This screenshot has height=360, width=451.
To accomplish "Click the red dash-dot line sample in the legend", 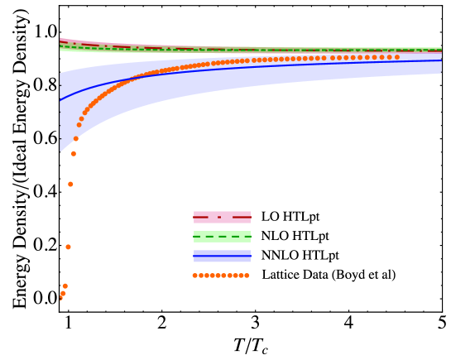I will (222, 217).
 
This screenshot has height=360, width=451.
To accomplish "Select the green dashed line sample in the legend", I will (222, 237).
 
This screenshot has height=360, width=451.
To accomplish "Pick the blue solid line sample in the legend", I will (222, 256).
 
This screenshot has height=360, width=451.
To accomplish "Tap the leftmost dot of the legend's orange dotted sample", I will (195, 276).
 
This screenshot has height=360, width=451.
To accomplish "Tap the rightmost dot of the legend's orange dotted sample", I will (247, 276).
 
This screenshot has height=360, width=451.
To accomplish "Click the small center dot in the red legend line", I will (219, 217).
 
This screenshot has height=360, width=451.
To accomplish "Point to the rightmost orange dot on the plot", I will (396, 57).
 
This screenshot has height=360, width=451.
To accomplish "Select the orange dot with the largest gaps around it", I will (68, 247).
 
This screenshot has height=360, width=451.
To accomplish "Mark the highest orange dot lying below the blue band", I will (73, 153).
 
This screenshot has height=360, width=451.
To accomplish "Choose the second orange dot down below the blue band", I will (70, 184).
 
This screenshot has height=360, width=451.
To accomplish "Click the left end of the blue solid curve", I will (60, 100).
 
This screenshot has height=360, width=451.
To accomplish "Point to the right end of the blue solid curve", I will (441, 60).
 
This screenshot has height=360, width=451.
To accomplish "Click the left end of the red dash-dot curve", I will (60, 40).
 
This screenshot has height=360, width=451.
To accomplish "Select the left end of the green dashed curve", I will (60, 46).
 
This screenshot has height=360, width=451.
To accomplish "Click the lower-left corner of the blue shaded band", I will (60, 152).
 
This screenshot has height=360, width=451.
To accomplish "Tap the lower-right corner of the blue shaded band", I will (441, 74).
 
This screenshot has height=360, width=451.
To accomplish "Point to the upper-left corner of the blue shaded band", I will (60, 73).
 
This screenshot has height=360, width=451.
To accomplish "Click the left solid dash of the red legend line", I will (201, 217).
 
